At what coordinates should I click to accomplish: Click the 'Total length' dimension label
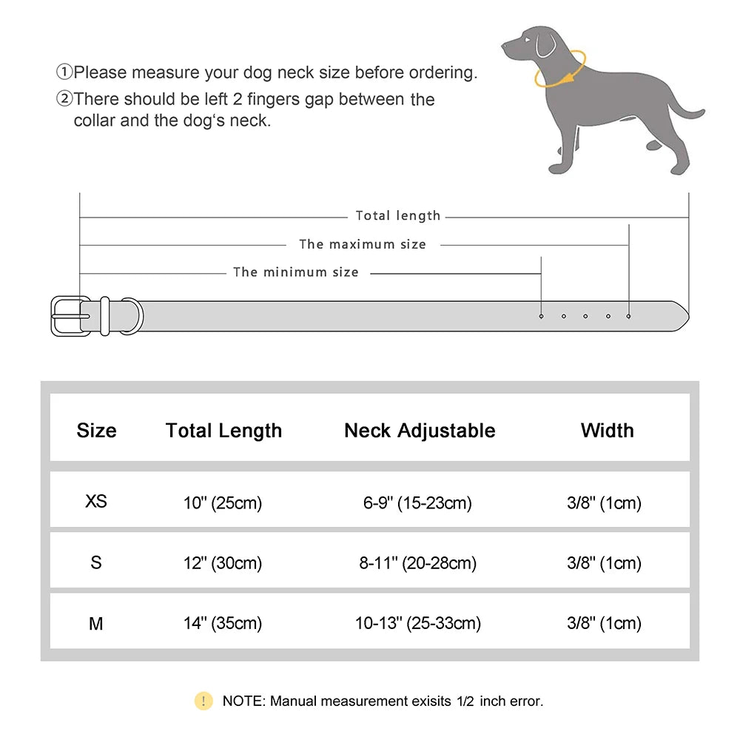[397, 216]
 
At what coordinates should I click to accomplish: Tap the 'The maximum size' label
[362, 244]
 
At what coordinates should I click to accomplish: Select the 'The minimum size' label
[295, 272]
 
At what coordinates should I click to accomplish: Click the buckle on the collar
[71, 316]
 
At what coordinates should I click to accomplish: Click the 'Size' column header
[96, 431]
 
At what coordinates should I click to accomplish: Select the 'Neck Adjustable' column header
[420, 431]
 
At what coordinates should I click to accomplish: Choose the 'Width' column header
[607, 431]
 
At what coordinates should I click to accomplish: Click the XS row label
[96, 501]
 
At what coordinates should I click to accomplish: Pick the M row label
[96, 624]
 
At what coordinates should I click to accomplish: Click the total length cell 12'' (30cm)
[223, 563]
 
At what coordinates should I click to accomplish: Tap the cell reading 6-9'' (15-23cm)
[417, 503]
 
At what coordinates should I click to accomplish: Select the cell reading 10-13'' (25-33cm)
[418, 624]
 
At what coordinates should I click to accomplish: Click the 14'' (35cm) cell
[223, 624]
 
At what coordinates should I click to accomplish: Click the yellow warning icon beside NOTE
[203, 701]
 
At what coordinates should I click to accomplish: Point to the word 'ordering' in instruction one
[440, 73]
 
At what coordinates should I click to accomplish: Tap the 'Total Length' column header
[223, 431]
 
